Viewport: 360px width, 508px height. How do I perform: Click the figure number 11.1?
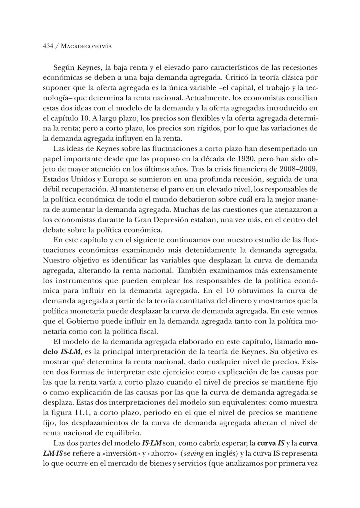tap(82, 413)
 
